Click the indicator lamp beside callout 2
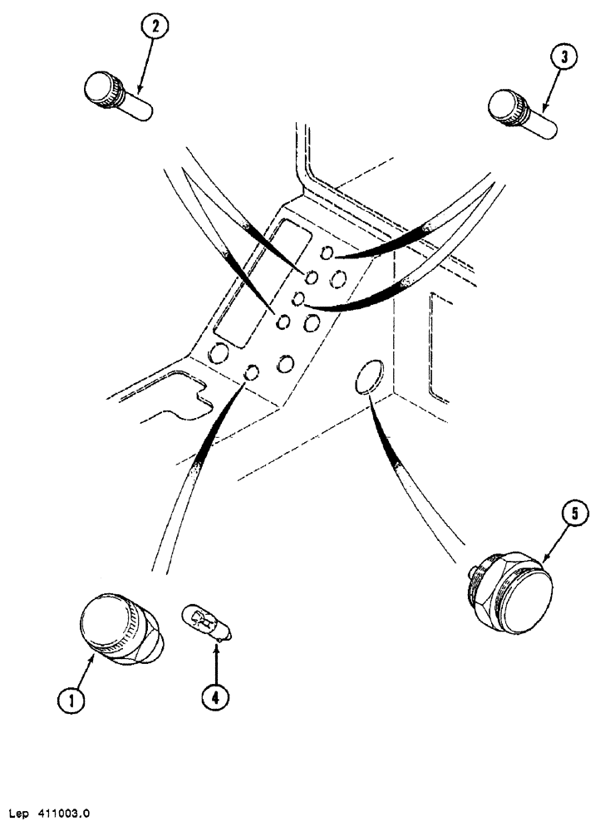[117, 95]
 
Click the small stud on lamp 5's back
[472, 571]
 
